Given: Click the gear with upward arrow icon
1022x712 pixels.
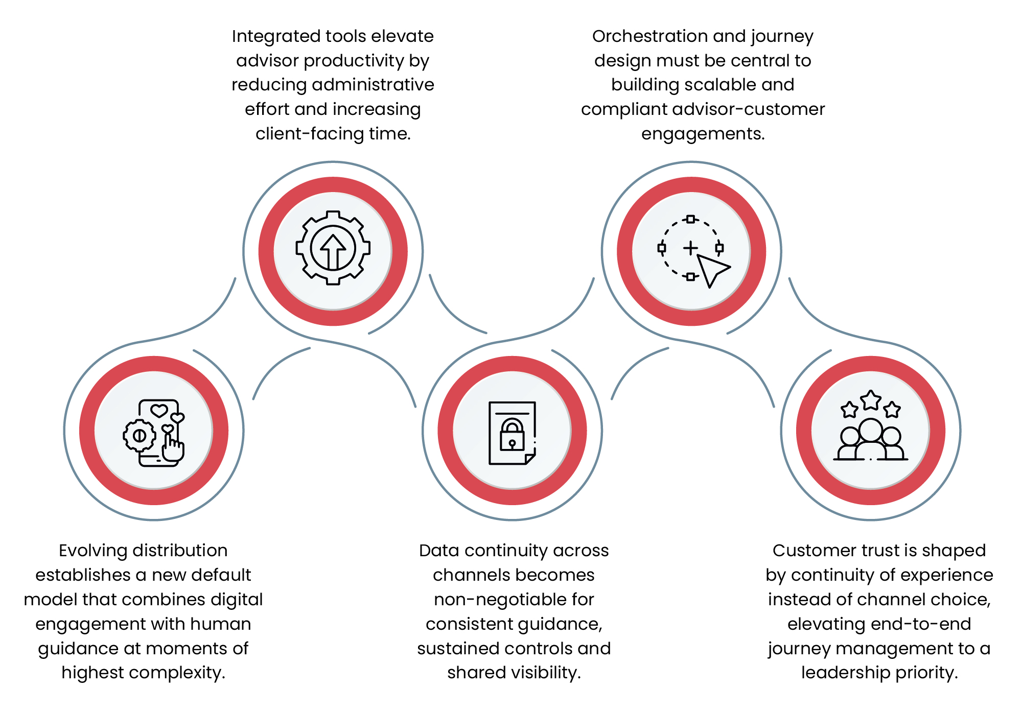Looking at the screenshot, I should pyautogui.click(x=333, y=248).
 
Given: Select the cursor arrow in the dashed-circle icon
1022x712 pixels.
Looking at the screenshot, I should pyautogui.click(x=713, y=270).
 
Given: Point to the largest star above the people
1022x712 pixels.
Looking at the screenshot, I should pyautogui.click(x=871, y=400).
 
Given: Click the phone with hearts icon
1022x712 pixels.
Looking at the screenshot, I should pyautogui.click(x=158, y=433).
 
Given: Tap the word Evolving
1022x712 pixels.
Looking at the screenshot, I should pyautogui.click(x=92, y=551).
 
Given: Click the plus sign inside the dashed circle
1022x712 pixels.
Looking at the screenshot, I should pyautogui.click(x=690, y=248).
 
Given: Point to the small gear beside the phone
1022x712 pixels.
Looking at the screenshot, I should pyautogui.click(x=139, y=436).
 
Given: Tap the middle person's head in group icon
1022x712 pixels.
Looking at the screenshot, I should pyautogui.click(x=871, y=430).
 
